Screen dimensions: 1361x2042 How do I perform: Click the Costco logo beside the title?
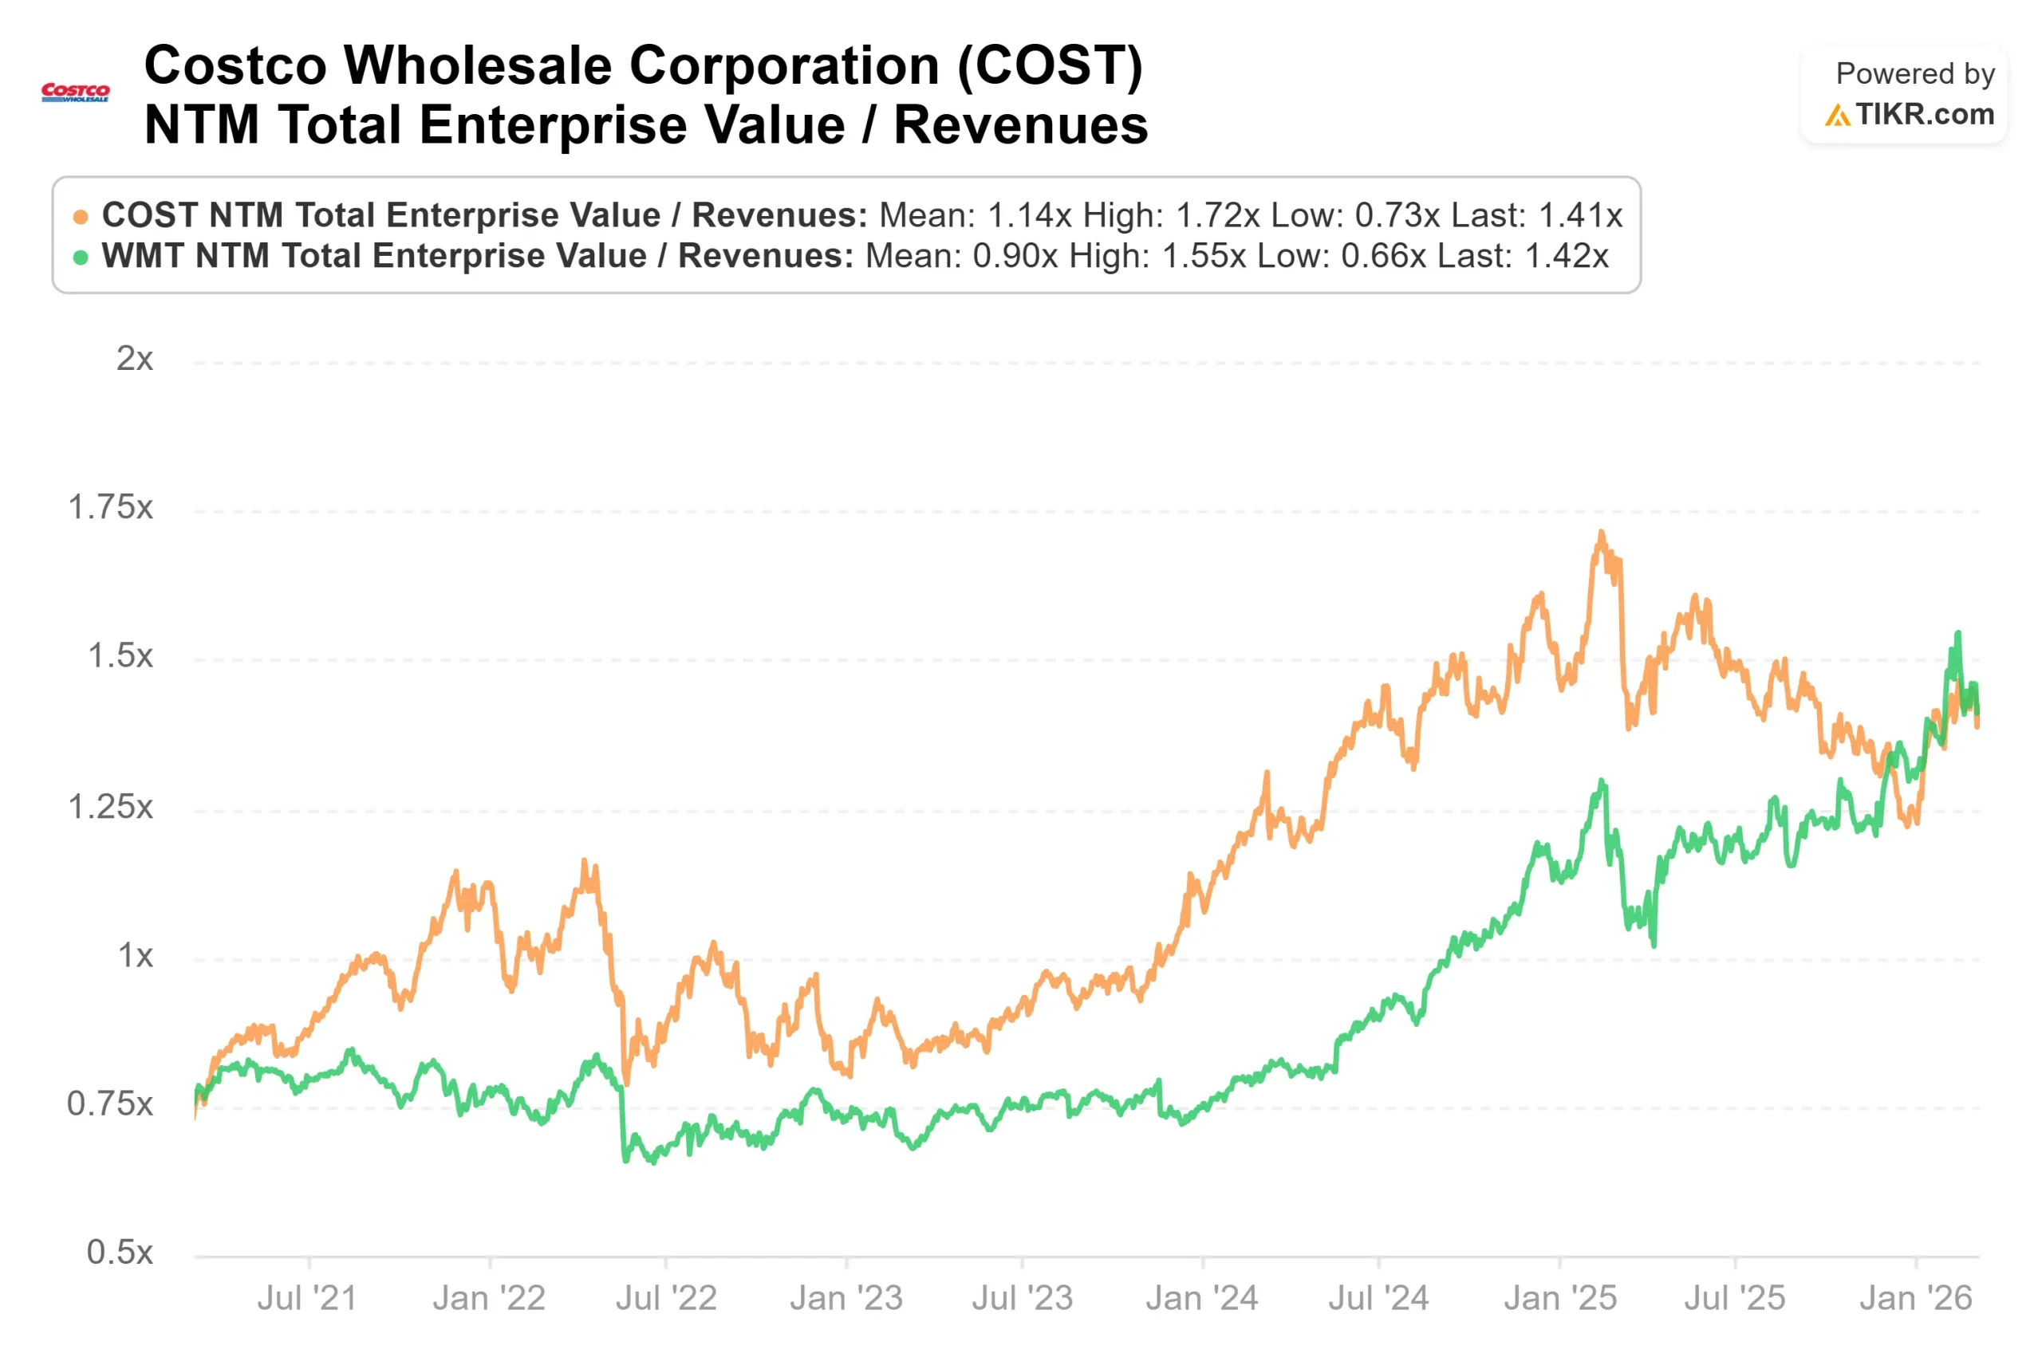click(76, 92)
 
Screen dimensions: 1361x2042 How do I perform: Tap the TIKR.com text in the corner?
click(1924, 115)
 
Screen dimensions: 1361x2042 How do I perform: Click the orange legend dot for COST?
click(81, 217)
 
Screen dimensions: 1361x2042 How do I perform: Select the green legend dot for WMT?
click(81, 258)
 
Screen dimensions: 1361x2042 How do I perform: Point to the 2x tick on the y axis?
click(135, 359)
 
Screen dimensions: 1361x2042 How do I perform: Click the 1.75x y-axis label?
click(110, 508)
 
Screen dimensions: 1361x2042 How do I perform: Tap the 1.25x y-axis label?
click(110, 807)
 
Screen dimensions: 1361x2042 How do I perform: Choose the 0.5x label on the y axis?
click(120, 1253)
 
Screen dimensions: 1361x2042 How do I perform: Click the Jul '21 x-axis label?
click(307, 1299)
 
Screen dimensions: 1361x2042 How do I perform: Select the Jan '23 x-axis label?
click(846, 1299)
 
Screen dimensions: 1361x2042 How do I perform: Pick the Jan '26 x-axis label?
click(1916, 1299)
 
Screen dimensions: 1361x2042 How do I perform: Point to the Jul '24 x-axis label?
click(1378, 1299)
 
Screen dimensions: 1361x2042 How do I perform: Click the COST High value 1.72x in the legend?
click(1217, 215)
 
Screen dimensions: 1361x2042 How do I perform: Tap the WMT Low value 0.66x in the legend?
click(1383, 256)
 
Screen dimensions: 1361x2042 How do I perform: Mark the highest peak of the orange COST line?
click(1601, 532)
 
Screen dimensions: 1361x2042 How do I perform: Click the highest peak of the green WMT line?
click(1957, 634)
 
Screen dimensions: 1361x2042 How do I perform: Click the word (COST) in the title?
click(1050, 66)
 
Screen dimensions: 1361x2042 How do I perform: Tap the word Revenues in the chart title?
click(1021, 125)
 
